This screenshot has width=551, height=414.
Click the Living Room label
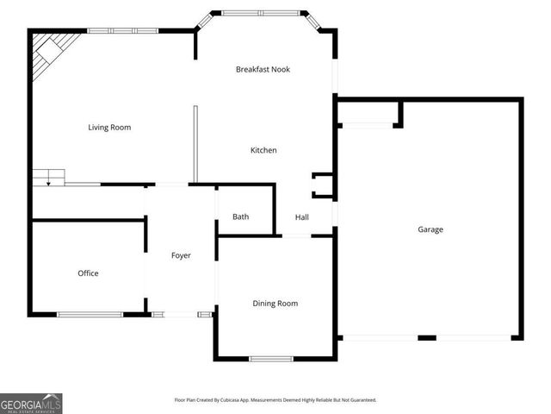[109, 128]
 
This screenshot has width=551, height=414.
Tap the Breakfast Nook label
[263, 69]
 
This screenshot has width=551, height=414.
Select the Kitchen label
[263, 151]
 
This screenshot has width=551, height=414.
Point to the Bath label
[241, 216]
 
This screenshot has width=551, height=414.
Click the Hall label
[302, 217]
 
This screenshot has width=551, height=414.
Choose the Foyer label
[181, 255]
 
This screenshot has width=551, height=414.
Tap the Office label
[88, 273]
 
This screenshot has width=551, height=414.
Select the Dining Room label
[275, 303]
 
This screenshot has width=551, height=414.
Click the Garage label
[430, 229]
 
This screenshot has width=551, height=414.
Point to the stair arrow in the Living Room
[49, 181]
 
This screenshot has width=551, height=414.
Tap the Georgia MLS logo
[31, 403]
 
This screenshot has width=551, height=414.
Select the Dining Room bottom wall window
[271, 359]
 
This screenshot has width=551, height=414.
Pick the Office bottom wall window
[90, 314]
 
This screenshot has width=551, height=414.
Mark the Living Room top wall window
[122, 31]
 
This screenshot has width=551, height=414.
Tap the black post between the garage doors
[427, 337]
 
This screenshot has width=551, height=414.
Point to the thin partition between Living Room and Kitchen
[195, 142]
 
